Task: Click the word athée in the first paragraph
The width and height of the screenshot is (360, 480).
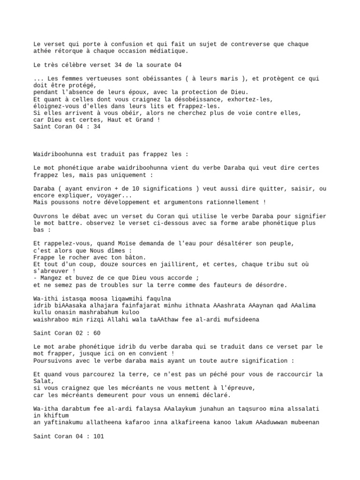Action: [x=43, y=51]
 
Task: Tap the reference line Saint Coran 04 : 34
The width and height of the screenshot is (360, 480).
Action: [x=67, y=127]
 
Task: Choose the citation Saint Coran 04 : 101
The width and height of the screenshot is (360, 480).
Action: [x=69, y=436]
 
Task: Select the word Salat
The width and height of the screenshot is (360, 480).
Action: [x=44, y=381]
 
